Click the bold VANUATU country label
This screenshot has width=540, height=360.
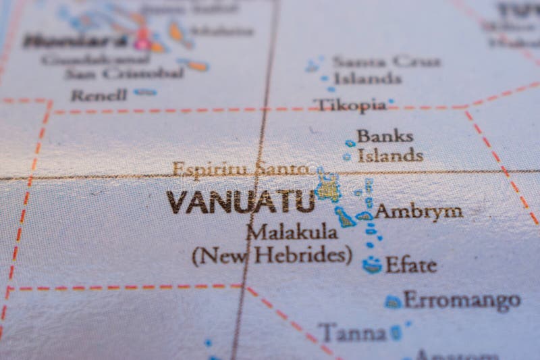[240, 202]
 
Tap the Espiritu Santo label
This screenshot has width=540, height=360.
[240, 169]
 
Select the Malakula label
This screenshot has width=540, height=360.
[292, 232]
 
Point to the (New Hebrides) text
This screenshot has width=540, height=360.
[271, 255]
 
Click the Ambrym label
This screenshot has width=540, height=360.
[418, 211]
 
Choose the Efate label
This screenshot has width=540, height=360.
[410, 265]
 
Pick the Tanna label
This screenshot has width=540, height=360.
[352, 332]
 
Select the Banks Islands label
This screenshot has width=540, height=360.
[390, 145]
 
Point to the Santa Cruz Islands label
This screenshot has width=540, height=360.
[385, 70]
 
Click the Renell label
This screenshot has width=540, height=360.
[99, 95]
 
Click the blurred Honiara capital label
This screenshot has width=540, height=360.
[74, 41]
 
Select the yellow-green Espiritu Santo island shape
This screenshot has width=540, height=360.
[329, 187]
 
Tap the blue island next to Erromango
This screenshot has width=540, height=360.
[393, 301]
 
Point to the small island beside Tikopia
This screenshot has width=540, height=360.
[391, 103]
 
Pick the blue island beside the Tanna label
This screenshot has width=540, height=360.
[396, 332]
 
